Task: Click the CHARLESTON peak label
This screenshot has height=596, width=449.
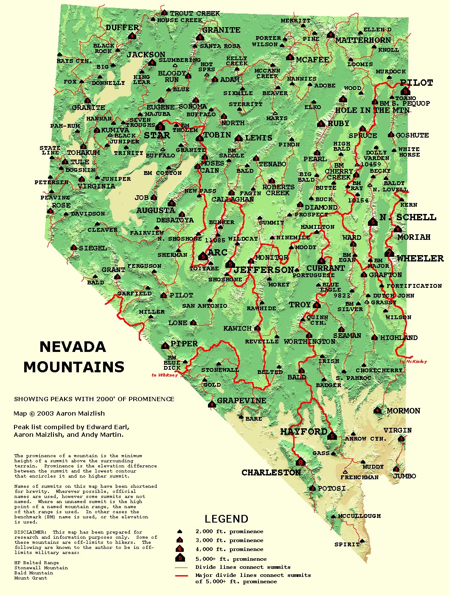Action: (271, 472)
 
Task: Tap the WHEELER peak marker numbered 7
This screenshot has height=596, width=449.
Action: (389, 253)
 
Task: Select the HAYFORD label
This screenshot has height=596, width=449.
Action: (303, 432)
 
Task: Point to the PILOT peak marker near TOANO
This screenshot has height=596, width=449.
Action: (405, 90)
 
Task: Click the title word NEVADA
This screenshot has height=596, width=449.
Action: (73, 347)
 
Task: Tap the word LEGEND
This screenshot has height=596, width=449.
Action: (226, 519)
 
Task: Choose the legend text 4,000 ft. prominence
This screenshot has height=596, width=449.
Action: (229, 549)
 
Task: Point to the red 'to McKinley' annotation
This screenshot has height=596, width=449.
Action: (413, 362)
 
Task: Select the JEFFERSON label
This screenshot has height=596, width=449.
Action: (264, 270)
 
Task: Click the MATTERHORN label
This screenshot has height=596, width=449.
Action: (363, 40)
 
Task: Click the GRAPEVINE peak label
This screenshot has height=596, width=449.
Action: (241, 400)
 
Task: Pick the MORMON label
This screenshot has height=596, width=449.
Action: (403, 410)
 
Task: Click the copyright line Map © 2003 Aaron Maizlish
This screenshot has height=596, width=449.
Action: (59, 413)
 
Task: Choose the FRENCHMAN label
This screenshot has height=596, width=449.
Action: (359, 477)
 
